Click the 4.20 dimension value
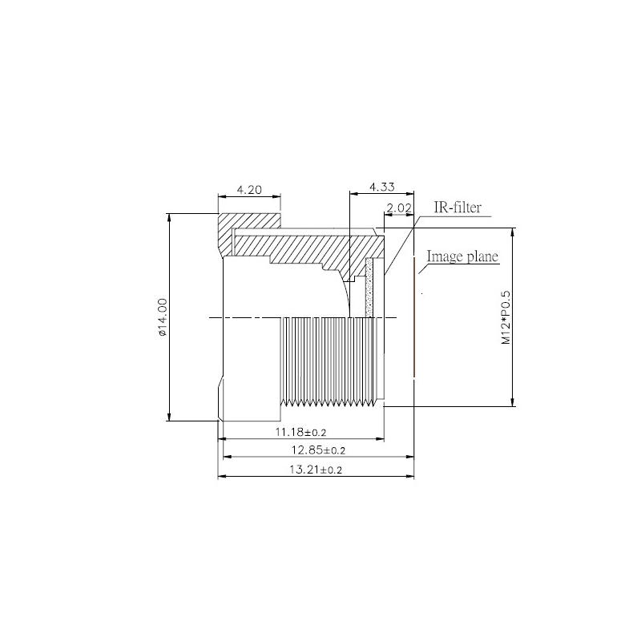click(249, 190)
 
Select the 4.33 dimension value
click(382, 187)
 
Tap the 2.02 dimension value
click(398, 208)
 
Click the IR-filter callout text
click(458, 208)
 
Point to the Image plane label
click(462, 256)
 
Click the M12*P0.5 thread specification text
click(506, 317)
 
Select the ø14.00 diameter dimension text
click(163, 317)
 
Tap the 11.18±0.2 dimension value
click(301, 432)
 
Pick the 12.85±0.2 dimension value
click(318, 450)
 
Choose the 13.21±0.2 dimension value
click(316, 470)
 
